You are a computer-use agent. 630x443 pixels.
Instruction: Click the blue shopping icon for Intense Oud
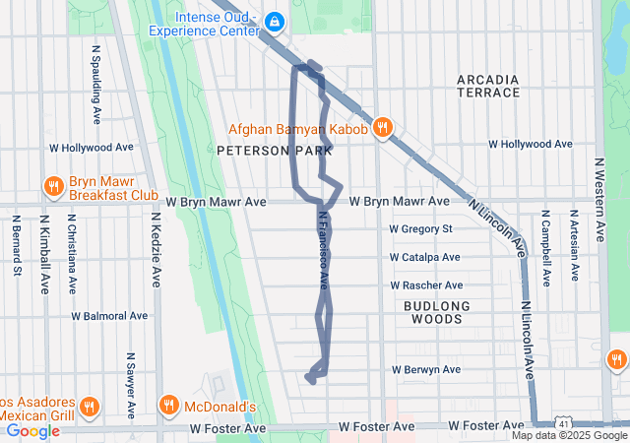[x=274, y=21]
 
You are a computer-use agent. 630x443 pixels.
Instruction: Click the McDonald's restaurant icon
[x=168, y=406]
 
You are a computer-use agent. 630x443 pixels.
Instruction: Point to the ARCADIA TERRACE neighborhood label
[x=488, y=86]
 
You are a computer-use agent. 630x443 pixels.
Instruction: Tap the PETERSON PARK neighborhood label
[x=256, y=151]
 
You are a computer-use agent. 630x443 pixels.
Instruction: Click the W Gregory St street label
[x=420, y=229]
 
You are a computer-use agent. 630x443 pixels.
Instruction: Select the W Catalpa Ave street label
[x=424, y=257]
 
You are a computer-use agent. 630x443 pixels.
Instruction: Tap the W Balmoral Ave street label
[x=109, y=316]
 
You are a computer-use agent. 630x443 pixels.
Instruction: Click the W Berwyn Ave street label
[x=425, y=370]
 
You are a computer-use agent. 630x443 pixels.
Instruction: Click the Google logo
[x=32, y=430]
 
